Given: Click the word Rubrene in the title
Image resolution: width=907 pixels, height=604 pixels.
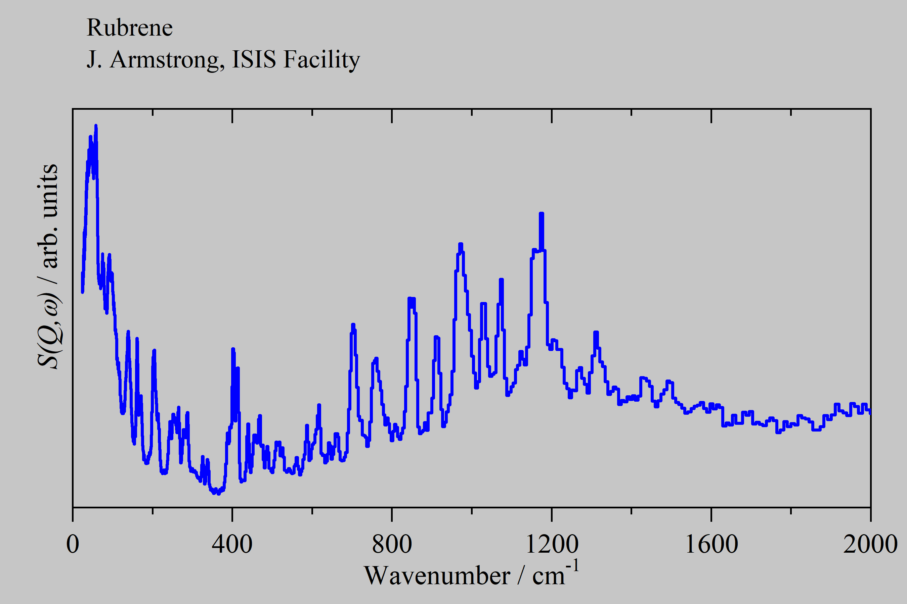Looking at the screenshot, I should [x=130, y=28].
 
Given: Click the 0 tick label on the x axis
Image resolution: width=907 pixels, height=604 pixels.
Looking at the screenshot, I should [x=73, y=544].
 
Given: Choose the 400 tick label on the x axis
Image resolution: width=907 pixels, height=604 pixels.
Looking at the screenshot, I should [x=232, y=544].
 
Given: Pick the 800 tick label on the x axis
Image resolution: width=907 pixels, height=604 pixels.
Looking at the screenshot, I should [x=392, y=544].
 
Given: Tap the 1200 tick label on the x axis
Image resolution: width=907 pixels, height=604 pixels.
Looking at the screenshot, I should [x=552, y=544].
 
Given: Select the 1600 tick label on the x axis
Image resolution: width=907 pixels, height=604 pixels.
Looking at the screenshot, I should [x=711, y=544].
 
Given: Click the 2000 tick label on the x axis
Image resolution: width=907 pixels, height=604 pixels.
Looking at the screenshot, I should [x=870, y=544].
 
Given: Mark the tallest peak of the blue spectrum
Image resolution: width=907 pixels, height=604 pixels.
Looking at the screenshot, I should [x=96, y=125].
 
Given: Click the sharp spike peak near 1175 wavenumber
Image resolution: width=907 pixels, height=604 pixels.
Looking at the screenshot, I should [x=542, y=214].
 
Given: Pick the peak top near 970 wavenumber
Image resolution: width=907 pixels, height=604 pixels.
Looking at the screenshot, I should [x=461, y=244].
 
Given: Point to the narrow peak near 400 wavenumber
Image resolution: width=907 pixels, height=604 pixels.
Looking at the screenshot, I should [x=233, y=349].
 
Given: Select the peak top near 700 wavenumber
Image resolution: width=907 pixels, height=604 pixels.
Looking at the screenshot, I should [x=353, y=325].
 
